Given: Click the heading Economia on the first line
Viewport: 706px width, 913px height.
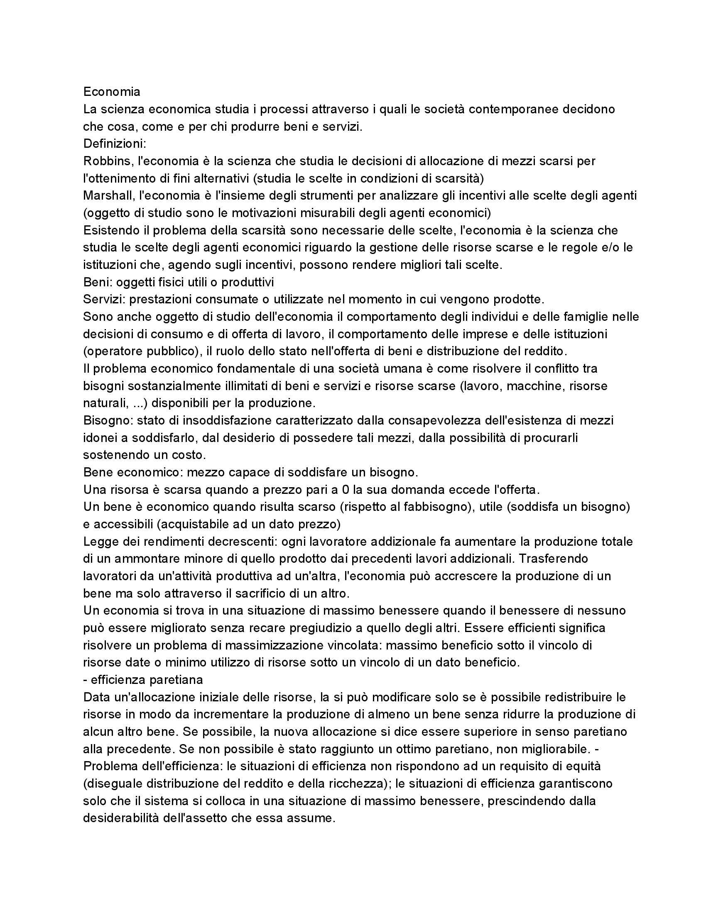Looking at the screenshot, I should pos(112,92).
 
